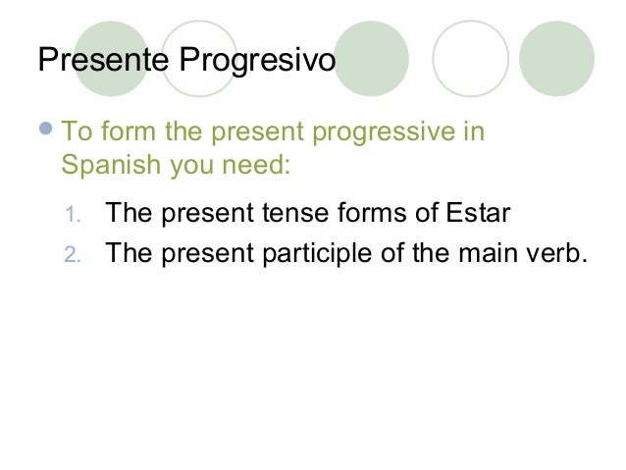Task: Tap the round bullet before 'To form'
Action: click(48, 131)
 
